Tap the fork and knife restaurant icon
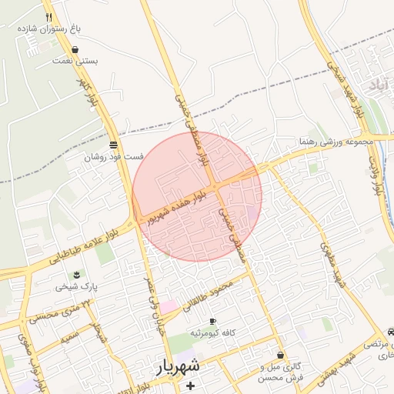(48, 16)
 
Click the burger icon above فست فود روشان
(114, 145)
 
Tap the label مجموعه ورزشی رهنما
(337, 142)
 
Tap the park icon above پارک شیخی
(76, 275)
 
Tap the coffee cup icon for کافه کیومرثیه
(212, 321)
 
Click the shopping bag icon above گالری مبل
(281, 355)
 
